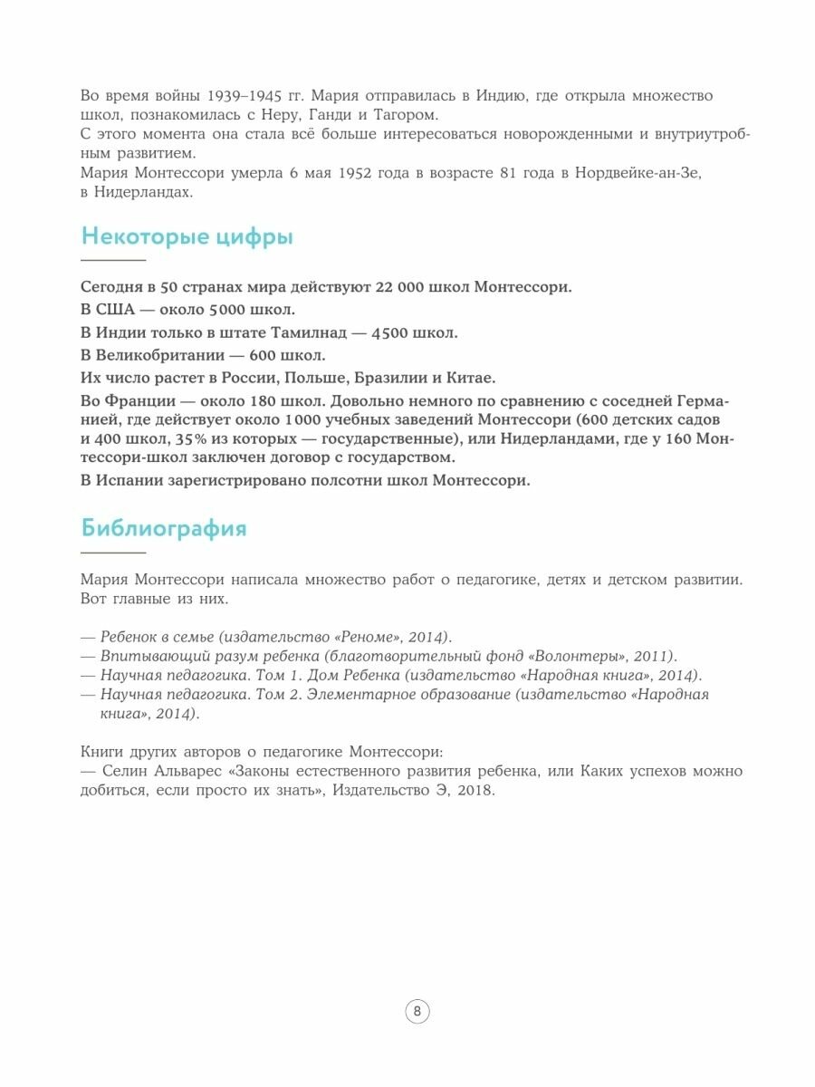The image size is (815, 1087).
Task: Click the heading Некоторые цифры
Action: click(187, 237)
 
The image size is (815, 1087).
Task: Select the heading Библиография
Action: click(163, 528)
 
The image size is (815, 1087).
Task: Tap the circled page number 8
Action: click(417, 1012)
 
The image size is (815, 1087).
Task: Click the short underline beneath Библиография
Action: click(113, 552)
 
